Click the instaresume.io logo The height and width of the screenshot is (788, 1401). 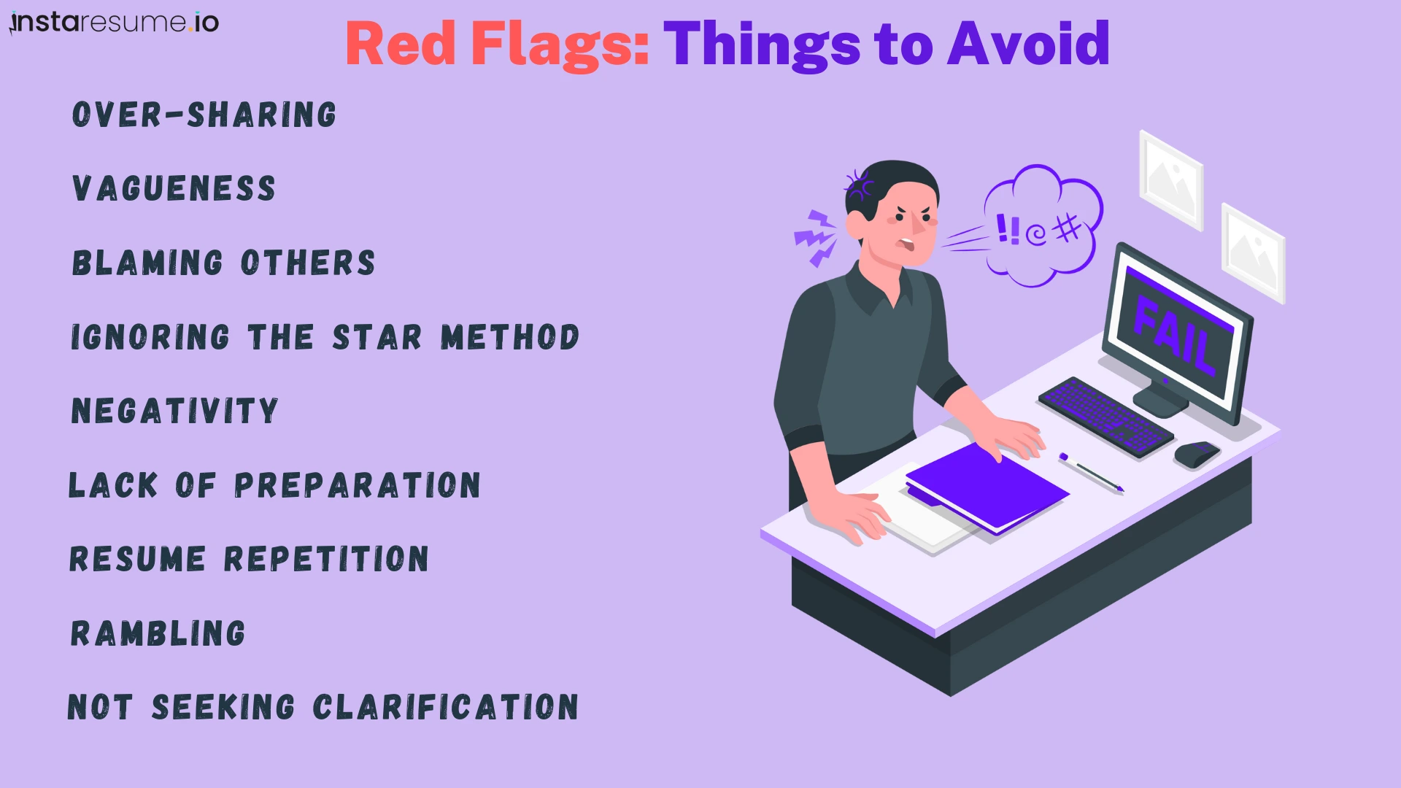pos(115,23)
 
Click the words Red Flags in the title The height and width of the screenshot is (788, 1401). pos(497,45)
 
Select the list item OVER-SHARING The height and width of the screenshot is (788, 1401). pos(204,115)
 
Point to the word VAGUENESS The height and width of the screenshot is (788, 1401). pos(174,189)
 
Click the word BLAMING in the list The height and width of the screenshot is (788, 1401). pos(147,263)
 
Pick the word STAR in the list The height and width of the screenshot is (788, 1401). pos(377,338)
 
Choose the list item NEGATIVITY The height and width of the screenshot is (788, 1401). pos(174,411)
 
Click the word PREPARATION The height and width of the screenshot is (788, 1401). pos(357,485)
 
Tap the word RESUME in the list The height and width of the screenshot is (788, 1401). pos(137,560)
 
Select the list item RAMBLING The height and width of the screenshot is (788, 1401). pos(158,633)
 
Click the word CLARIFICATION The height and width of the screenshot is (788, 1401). pos(445,708)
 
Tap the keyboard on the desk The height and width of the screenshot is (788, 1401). pos(1105,416)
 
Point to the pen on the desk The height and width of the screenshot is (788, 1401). pos(1092,473)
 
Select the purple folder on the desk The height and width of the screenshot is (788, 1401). pos(987,487)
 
